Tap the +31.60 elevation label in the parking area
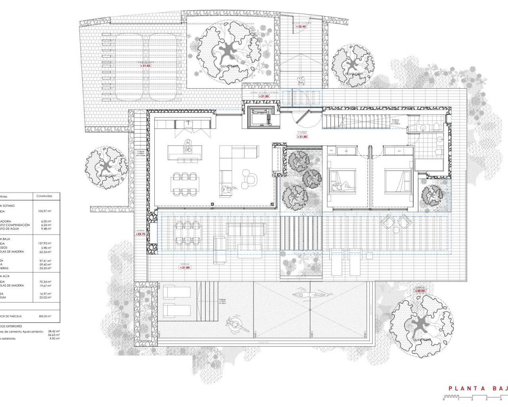[x=145, y=66]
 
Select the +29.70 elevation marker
[x=140, y=234]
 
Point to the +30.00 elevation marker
[x=420, y=291]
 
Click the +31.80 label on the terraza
[x=185, y=267]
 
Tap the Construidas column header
[x=44, y=196]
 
